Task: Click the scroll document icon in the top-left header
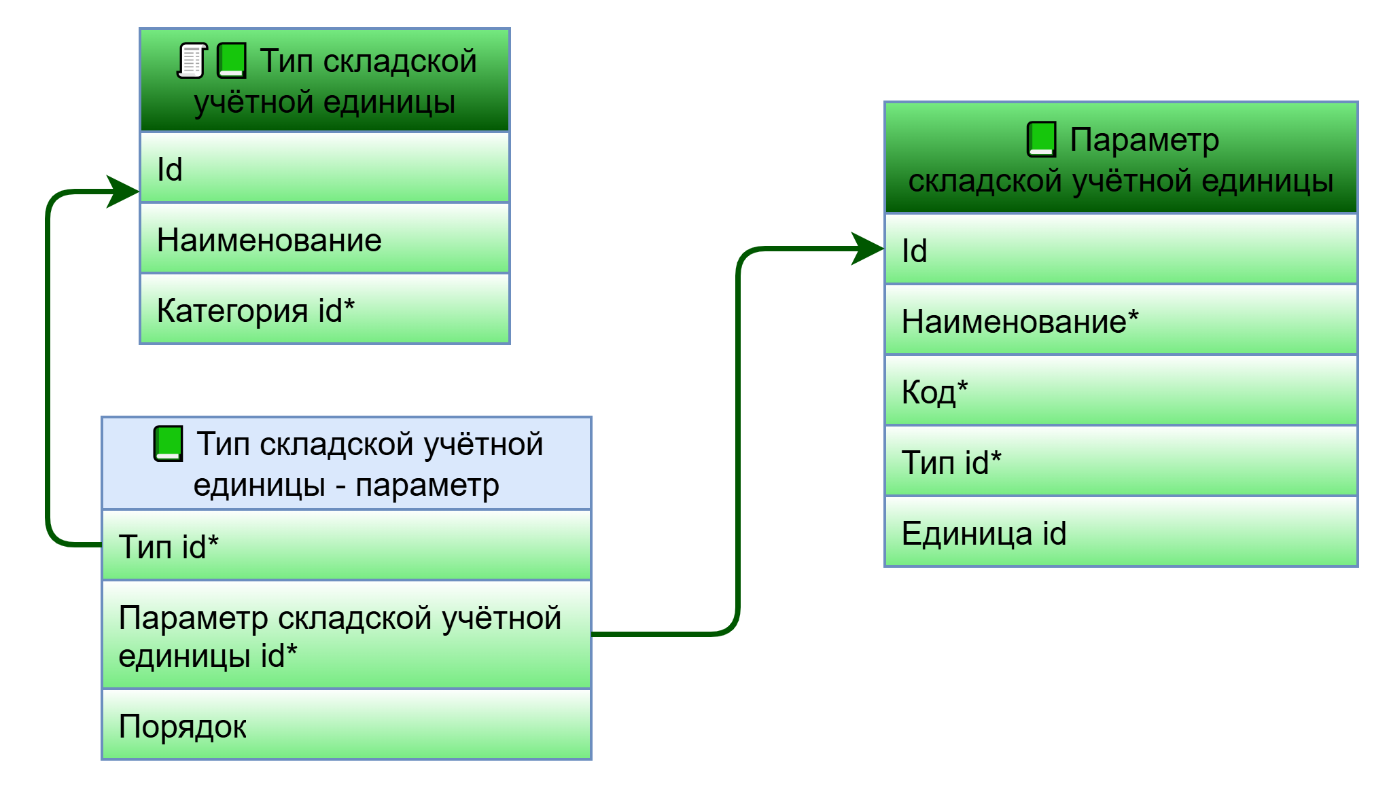click(x=192, y=61)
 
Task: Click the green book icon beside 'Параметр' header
click(x=1041, y=139)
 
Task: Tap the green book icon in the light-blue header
click(x=168, y=444)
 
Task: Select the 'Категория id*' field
click(x=324, y=310)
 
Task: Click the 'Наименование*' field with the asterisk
click(x=1121, y=321)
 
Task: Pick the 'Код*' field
click(x=1121, y=391)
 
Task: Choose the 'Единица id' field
click(x=1121, y=532)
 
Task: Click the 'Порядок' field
click(x=346, y=725)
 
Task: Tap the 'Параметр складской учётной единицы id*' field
click(x=346, y=636)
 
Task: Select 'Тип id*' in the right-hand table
click(x=1121, y=462)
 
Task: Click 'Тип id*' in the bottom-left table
click(x=346, y=545)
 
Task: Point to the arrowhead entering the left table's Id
click(x=125, y=192)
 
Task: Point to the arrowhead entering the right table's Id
click(x=869, y=249)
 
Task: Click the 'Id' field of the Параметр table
click(x=1121, y=250)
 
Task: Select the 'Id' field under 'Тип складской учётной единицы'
click(x=324, y=168)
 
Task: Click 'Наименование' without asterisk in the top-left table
click(x=324, y=239)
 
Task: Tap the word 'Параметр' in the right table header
click(x=1144, y=140)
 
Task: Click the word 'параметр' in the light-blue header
click(x=427, y=485)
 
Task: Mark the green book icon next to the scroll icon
click(x=231, y=61)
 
